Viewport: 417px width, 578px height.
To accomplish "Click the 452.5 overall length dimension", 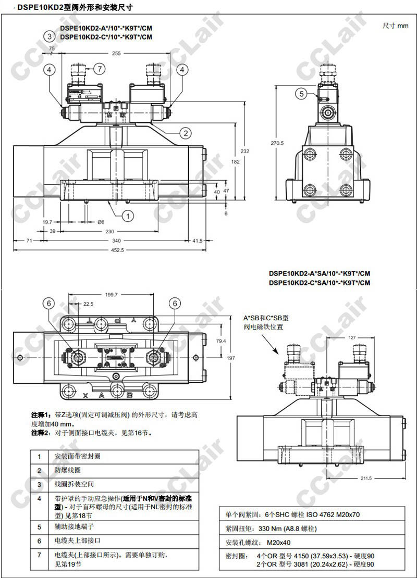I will point(117,250).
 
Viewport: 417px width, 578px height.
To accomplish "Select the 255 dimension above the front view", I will point(116,53).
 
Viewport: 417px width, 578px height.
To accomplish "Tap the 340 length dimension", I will point(116,241).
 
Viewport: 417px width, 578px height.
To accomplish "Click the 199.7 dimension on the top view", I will point(111,295).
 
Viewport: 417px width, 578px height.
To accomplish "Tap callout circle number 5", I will point(302,94).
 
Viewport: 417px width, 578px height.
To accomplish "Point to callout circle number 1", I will point(127,214).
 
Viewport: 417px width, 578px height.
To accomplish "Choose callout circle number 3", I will point(49,36).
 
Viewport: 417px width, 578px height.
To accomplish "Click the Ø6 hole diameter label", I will point(101,221).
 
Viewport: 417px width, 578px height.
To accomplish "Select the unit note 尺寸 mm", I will point(396,26).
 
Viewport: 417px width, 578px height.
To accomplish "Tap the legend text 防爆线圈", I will point(67,470).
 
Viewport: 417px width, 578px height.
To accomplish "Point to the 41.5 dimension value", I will point(197,241).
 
